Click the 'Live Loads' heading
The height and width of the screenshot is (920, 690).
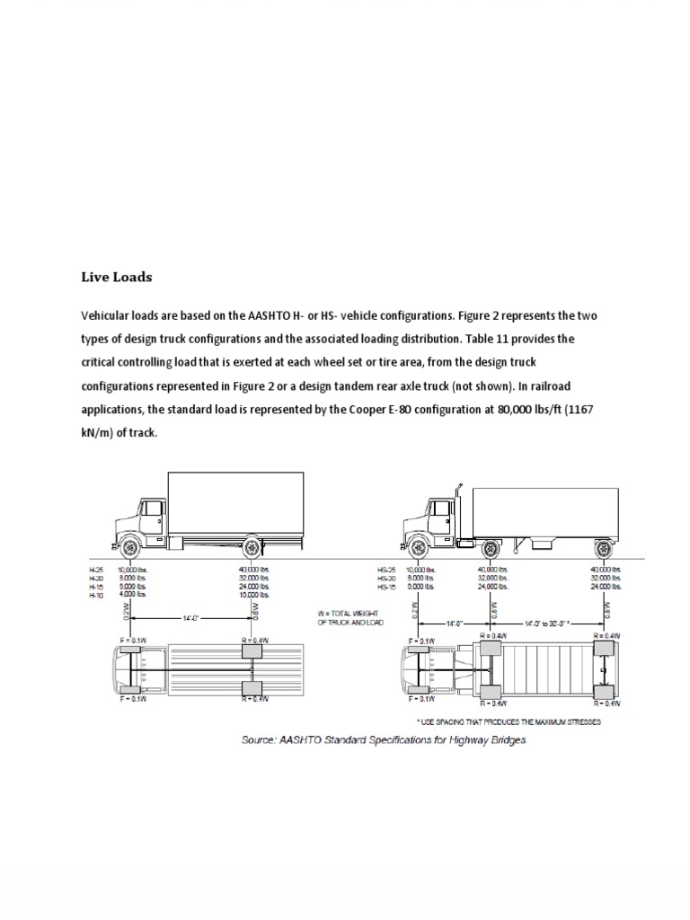point(117,277)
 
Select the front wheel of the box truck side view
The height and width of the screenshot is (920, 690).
point(129,545)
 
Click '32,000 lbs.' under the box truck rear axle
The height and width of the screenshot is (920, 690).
point(253,579)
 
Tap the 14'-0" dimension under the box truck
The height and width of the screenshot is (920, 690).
point(191,618)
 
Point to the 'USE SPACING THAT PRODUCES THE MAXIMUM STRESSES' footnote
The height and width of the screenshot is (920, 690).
point(509,721)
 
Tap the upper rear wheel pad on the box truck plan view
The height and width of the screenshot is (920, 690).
point(252,650)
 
